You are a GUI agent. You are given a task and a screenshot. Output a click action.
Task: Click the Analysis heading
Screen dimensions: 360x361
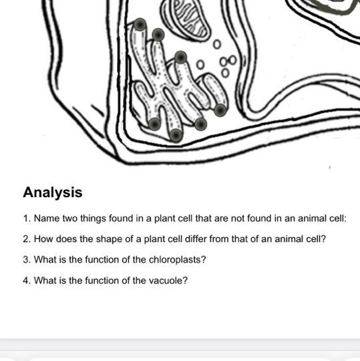[53, 193]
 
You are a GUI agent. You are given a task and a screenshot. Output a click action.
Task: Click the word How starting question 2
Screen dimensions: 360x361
[43, 239]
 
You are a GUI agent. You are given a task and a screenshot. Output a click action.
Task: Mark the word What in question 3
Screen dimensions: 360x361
[45, 259]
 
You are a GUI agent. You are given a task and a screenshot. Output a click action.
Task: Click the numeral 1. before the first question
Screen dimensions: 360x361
[27, 219]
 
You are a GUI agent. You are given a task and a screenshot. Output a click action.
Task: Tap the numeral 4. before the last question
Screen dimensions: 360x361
[27, 280]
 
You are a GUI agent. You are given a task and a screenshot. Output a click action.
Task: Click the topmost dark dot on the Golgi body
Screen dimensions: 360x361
[140, 25]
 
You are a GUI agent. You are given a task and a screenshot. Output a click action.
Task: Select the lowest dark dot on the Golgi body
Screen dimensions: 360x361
[176, 135]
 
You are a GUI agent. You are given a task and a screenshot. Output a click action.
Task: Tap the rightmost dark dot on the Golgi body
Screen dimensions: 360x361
[220, 110]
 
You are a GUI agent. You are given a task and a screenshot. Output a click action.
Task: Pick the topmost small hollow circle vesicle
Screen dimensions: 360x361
[216, 44]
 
